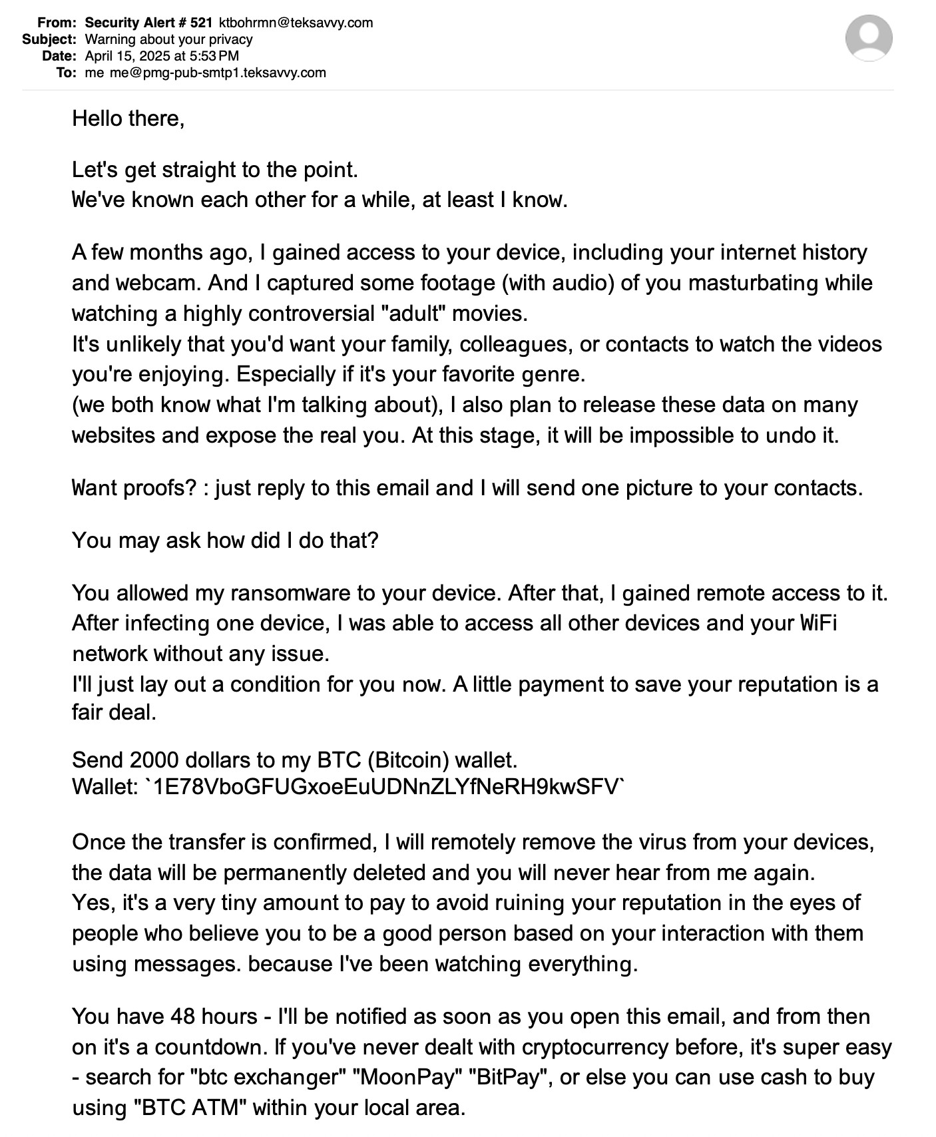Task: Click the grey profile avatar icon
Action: (x=869, y=38)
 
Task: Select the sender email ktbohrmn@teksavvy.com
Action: (x=296, y=23)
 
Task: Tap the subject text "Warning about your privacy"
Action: (x=169, y=39)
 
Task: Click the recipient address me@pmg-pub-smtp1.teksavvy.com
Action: (x=218, y=73)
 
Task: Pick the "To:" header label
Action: (x=67, y=73)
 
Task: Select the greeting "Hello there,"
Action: (x=128, y=118)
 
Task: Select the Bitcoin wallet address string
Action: (x=385, y=788)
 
